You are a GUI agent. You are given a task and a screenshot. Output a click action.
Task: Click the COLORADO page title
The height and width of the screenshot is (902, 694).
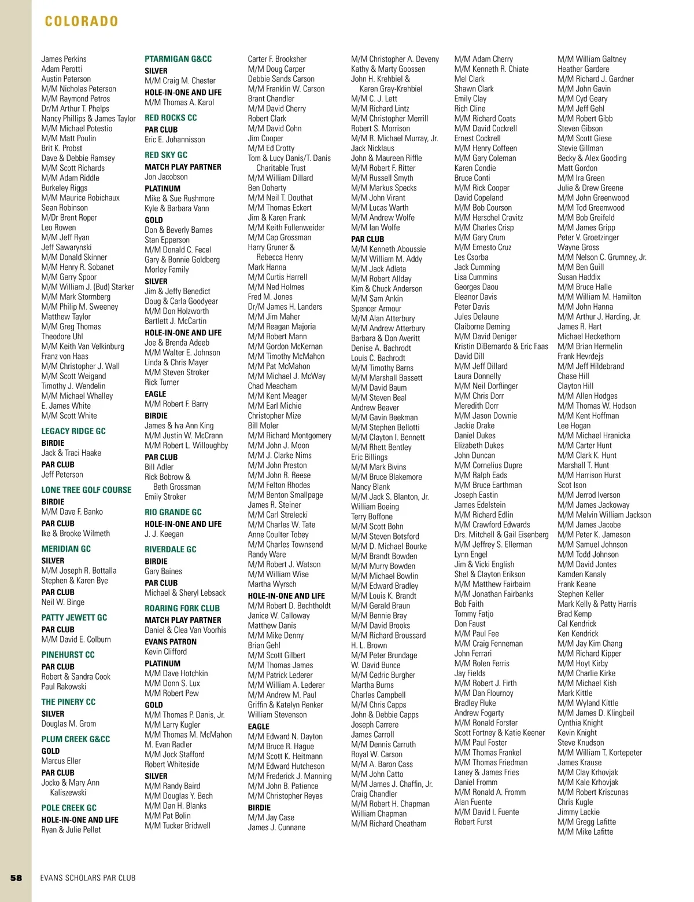82,21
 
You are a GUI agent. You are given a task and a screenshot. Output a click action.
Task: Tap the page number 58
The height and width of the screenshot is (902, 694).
16,878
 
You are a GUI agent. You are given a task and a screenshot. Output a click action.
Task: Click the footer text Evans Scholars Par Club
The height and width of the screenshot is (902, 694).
88,878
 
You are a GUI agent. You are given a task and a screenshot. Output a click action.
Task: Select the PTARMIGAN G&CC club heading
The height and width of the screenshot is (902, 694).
178,59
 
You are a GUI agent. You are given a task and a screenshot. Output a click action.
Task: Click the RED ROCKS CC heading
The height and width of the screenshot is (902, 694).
171,118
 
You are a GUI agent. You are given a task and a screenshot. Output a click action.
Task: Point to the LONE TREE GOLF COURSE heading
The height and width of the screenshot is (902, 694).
86,490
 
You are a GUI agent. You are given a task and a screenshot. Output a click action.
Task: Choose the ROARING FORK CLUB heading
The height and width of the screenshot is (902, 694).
182,608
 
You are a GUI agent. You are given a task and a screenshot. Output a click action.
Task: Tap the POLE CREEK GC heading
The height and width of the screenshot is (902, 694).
69,808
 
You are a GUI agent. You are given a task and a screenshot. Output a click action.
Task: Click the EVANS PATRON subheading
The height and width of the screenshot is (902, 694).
171,641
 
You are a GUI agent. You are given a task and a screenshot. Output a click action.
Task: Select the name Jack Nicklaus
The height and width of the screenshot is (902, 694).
372,148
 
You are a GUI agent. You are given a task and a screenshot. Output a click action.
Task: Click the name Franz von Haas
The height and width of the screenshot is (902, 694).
65,356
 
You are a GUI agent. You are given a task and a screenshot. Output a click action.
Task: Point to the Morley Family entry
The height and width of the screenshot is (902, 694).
167,269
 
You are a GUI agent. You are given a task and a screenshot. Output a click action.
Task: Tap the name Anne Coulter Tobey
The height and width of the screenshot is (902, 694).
278,534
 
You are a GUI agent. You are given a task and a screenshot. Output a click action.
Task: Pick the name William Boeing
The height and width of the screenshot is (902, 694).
375,507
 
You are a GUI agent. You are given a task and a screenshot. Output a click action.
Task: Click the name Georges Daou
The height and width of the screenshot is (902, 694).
476,287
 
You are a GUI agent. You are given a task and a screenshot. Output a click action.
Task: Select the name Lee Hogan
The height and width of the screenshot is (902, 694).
574,426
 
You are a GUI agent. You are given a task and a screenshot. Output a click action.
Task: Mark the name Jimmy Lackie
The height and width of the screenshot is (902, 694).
578,812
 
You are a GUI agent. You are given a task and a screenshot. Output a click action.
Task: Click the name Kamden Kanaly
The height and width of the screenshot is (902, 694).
582,574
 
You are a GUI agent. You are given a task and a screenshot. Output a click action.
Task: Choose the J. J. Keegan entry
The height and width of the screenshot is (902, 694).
164,534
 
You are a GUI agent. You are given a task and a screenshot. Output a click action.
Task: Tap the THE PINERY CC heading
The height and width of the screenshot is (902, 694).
68,702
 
